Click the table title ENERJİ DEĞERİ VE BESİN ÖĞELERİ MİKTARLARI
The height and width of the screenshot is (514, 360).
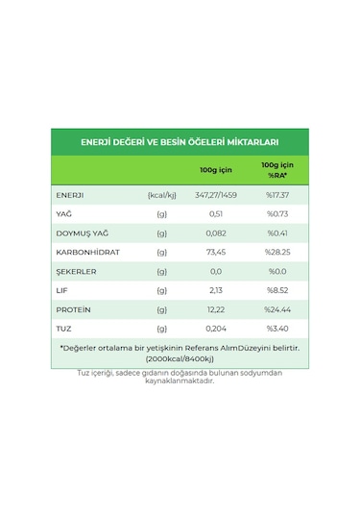click(180, 141)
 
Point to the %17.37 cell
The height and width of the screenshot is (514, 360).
click(277, 195)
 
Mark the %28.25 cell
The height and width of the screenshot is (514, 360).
click(277, 253)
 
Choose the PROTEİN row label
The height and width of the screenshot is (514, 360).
click(74, 310)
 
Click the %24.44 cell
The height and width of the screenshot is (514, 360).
click(277, 310)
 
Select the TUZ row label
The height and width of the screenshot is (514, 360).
click(64, 330)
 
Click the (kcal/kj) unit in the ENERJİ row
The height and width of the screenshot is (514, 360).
click(161, 195)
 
